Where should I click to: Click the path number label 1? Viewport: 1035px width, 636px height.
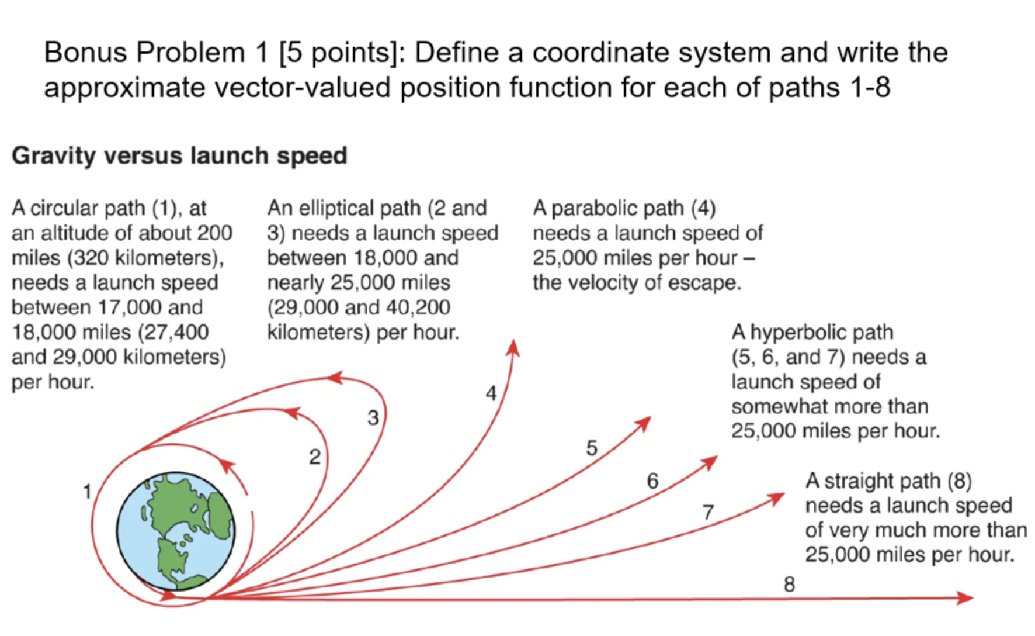pos(87,491)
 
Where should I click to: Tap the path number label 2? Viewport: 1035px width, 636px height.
pos(315,457)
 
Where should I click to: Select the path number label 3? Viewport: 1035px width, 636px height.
pos(373,417)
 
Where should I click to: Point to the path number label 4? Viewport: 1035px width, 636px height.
pos(491,393)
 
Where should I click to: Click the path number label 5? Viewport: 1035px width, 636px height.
pos(592,448)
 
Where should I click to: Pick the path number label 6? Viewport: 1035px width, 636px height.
pos(652,481)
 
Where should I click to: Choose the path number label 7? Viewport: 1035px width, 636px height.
pos(708,513)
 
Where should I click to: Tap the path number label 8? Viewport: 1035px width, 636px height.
pos(789,584)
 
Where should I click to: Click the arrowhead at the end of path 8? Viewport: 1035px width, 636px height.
pos(965,597)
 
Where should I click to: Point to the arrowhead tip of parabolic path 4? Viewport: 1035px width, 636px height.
pos(513,347)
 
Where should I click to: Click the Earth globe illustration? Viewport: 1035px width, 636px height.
pos(176,531)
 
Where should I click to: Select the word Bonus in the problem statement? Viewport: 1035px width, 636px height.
pos(85,53)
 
